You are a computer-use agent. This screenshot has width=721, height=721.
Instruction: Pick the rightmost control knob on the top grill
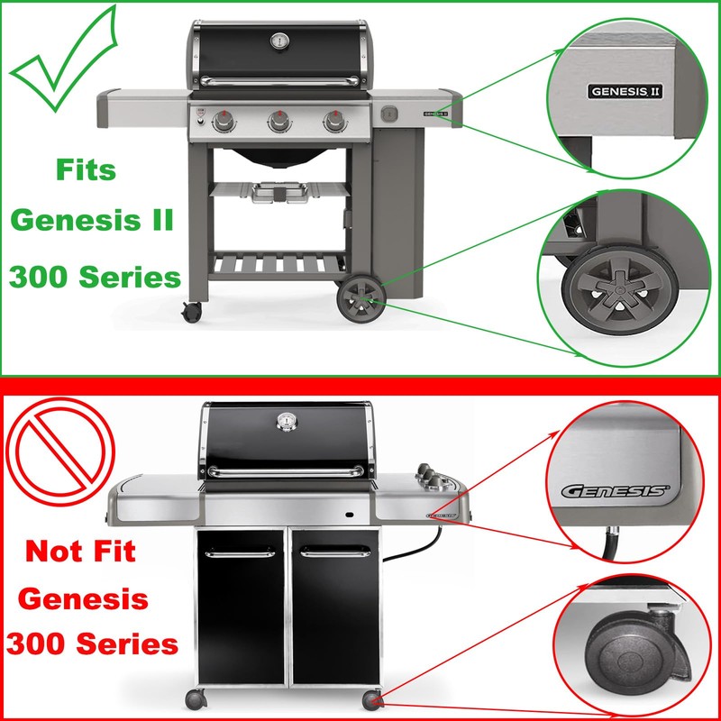point(335,121)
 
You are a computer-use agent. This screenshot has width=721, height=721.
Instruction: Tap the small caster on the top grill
point(192,312)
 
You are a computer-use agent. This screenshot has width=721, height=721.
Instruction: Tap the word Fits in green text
point(86,169)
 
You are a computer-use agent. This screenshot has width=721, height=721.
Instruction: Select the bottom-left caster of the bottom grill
point(195,698)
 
